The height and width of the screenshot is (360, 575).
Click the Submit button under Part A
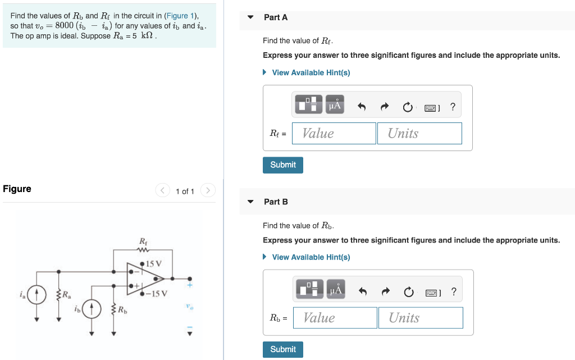coord(282,165)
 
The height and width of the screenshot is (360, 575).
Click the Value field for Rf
coord(334,134)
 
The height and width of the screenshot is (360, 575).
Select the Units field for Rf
coord(419,134)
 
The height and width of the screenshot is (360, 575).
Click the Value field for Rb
coord(335,318)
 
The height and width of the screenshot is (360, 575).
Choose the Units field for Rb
coord(421,318)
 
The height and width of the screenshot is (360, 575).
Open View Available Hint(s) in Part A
coord(311,73)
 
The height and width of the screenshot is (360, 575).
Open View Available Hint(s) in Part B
coord(311,257)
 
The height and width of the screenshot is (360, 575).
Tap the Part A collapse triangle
coord(251,17)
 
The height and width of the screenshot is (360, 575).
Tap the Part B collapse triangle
coord(251,202)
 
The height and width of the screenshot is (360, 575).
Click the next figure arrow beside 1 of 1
coord(208,191)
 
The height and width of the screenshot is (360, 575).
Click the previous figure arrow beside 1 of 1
coord(163,191)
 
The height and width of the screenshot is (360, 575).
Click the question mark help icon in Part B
coord(454,291)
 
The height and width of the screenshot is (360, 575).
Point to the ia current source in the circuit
coord(36,294)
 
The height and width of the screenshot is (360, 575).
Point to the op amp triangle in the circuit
coord(144,277)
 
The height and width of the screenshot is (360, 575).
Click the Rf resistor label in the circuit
coord(143,242)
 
